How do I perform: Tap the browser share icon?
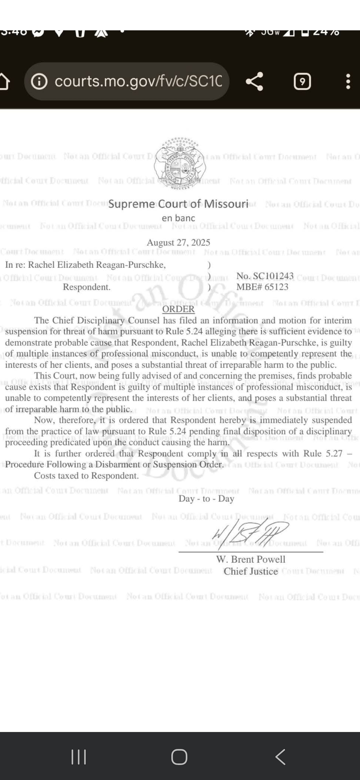tap(254, 81)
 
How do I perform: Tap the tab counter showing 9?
tap(302, 82)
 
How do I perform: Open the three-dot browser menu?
tap(348, 81)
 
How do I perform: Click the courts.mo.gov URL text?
tap(138, 81)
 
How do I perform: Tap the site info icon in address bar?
tap(39, 81)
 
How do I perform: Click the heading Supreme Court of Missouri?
tap(178, 204)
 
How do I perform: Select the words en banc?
tap(178, 218)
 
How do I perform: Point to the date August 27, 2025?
tap(178, 242)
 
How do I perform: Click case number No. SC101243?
tap(265, 276)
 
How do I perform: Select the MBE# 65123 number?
tap(262, 287)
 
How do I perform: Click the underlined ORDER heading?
tap(178, 309)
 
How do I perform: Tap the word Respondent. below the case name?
tap(87, 287)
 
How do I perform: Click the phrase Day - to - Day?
tap(206, 499)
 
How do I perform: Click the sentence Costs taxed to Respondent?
tap(86, 476)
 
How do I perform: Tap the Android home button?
tap(179, 757)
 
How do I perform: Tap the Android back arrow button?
tap(281, 757)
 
